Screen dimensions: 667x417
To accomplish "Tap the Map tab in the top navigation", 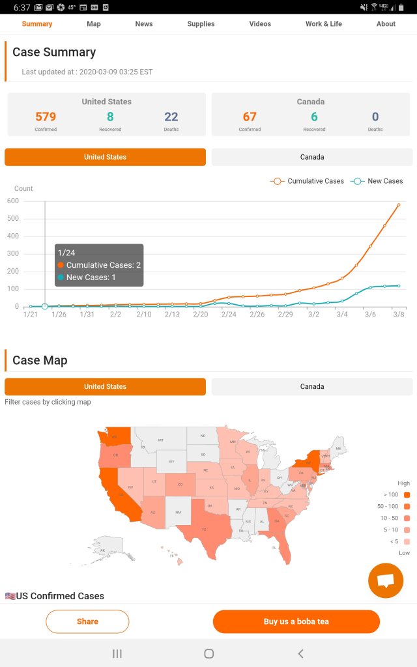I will click(94, 24).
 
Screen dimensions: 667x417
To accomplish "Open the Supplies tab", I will click(201, 24).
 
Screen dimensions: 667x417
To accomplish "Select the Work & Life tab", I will click(323, 24).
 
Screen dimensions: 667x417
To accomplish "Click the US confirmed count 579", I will click(46, 117).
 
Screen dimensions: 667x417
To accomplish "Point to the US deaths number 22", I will click(171, 117).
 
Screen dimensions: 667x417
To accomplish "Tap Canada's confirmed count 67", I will click(250, 117).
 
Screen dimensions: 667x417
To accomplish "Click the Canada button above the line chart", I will click(312, 157).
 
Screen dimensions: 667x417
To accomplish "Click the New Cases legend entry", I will click(377, 181).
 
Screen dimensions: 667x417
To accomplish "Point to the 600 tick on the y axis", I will click(13, 201).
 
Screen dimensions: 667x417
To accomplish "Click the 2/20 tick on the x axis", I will click(201, 315).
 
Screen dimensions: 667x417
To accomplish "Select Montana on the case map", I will click(161, 441).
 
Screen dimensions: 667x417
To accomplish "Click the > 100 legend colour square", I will click(407, 495).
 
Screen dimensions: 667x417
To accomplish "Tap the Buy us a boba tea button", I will click(296, 621).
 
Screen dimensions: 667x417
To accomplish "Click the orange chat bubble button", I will click(386, 580).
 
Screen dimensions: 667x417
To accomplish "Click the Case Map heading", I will click(40, 360).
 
